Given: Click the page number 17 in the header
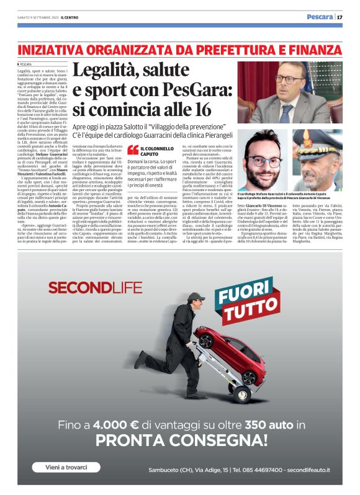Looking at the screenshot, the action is [340, 16].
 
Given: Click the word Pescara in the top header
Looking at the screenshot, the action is [320, 16].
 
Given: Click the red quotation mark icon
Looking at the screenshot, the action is [132, 149].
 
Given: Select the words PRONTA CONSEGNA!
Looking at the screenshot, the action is [180, 442].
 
